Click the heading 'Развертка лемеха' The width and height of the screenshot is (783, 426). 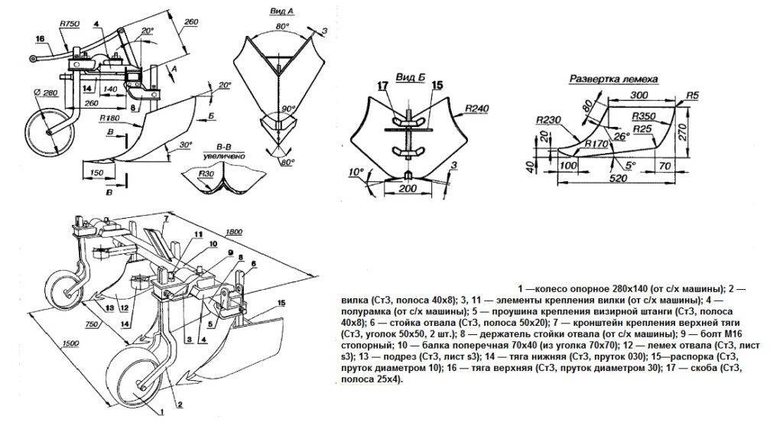coord(614,80)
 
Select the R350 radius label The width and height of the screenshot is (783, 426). coord(645,116)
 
